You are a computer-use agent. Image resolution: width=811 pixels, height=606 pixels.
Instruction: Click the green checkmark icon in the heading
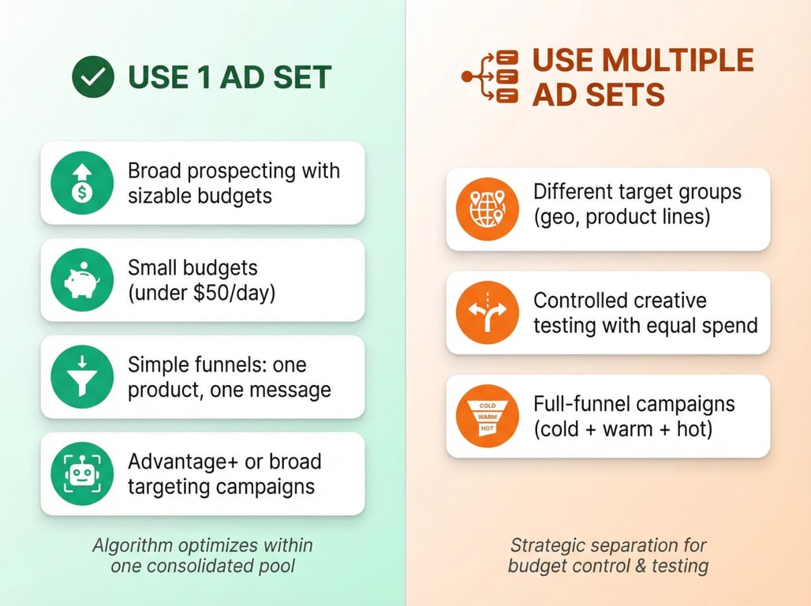coord(93,77)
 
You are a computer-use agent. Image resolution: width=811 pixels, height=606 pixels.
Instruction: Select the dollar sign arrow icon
coord(82,183)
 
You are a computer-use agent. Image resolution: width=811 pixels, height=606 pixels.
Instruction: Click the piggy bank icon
coord(82,280)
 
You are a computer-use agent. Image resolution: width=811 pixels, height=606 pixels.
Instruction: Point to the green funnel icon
coord(82,376)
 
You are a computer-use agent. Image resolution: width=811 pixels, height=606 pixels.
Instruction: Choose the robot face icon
coord(82,473)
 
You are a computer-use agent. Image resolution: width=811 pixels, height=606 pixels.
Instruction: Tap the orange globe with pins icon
coord(488,209)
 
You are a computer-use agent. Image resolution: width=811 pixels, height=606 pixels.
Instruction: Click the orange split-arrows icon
coord(488,312)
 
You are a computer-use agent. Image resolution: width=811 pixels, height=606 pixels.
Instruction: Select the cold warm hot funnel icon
coord(488,416)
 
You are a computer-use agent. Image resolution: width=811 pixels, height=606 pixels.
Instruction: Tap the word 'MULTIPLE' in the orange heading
coord(678,60)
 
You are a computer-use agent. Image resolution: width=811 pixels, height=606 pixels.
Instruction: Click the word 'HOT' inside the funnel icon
coord(488,428)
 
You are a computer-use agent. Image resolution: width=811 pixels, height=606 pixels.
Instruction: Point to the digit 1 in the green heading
coord(204,77)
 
